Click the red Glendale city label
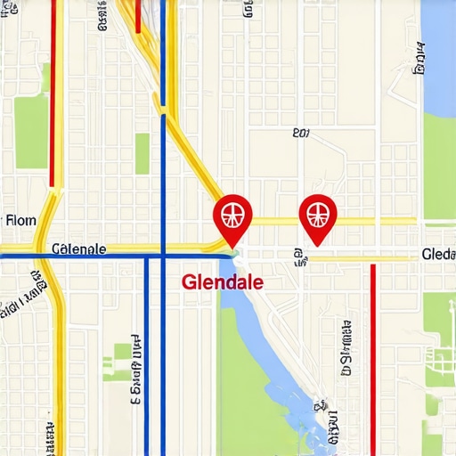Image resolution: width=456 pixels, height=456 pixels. [x=223, y=281]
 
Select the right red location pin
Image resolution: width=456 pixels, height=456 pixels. [x=314, y=215]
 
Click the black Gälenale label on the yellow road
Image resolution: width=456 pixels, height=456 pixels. [x=79, y=248]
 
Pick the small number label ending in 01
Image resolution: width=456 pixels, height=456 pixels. [x=300, y=134]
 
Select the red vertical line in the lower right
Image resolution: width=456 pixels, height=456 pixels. [x=373, y=356]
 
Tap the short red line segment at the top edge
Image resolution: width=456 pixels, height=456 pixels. [x=138, y=16]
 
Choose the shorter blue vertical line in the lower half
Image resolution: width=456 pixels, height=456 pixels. [x=146, y=356]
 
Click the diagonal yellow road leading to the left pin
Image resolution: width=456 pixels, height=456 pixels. [x=196, y=160]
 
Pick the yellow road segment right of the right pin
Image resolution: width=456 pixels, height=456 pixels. [x=374, y=221]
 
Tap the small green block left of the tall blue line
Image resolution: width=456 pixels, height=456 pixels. [x=142, y=153]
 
